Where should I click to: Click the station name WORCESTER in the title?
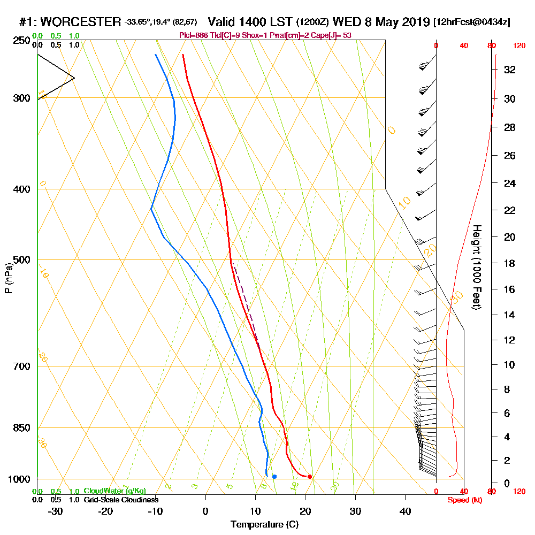point(80,22)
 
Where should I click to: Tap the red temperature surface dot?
point(310,477)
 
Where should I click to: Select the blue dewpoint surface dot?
point(274,476)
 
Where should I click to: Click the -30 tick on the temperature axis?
point(56,511)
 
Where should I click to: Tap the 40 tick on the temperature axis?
point(406,511)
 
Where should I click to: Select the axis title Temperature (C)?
point(264,525)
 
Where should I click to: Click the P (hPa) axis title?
point(8,278)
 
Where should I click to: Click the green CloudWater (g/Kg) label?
point(114,491)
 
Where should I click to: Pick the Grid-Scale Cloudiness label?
point(121,500)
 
